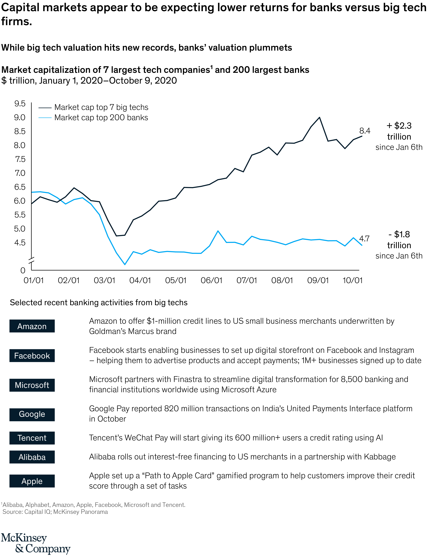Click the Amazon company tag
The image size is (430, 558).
[x=32, y=326]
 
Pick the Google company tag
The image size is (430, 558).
[x=32, y=414]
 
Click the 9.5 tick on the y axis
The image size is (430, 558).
[x=20, y=104]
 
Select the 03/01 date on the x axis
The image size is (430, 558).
[x=104, y=280]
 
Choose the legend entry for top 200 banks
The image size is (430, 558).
[x=101, y=117]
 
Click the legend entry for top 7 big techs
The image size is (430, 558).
[x=101, y=107]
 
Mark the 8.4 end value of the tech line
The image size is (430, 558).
[x=365, y=131]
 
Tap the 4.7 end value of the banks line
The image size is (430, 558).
[x=364, y=239]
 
